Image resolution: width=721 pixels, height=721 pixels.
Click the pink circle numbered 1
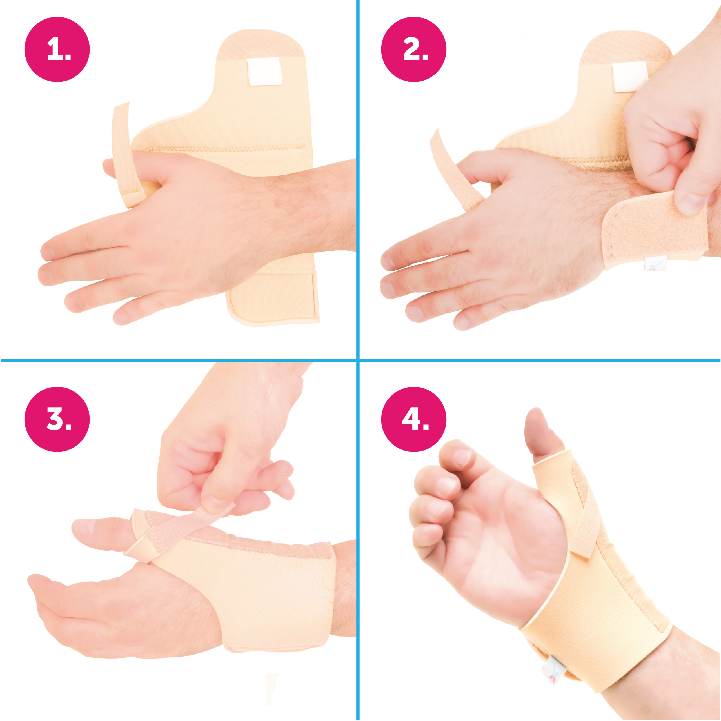tap(57, 49)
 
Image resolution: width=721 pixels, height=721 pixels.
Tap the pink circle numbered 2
tap(413, 49)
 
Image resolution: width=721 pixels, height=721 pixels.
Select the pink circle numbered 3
tap(57, 419)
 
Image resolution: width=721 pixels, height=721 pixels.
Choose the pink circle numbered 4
tap(413, 419)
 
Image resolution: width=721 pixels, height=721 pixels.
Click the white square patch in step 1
tap(265, 72)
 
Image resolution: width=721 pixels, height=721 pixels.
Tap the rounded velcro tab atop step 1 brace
tap(261, 43)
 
